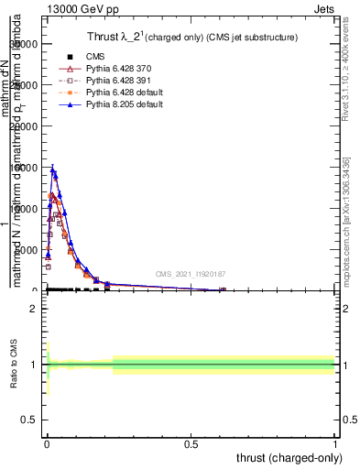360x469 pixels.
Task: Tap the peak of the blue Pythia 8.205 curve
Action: pos(52,169)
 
